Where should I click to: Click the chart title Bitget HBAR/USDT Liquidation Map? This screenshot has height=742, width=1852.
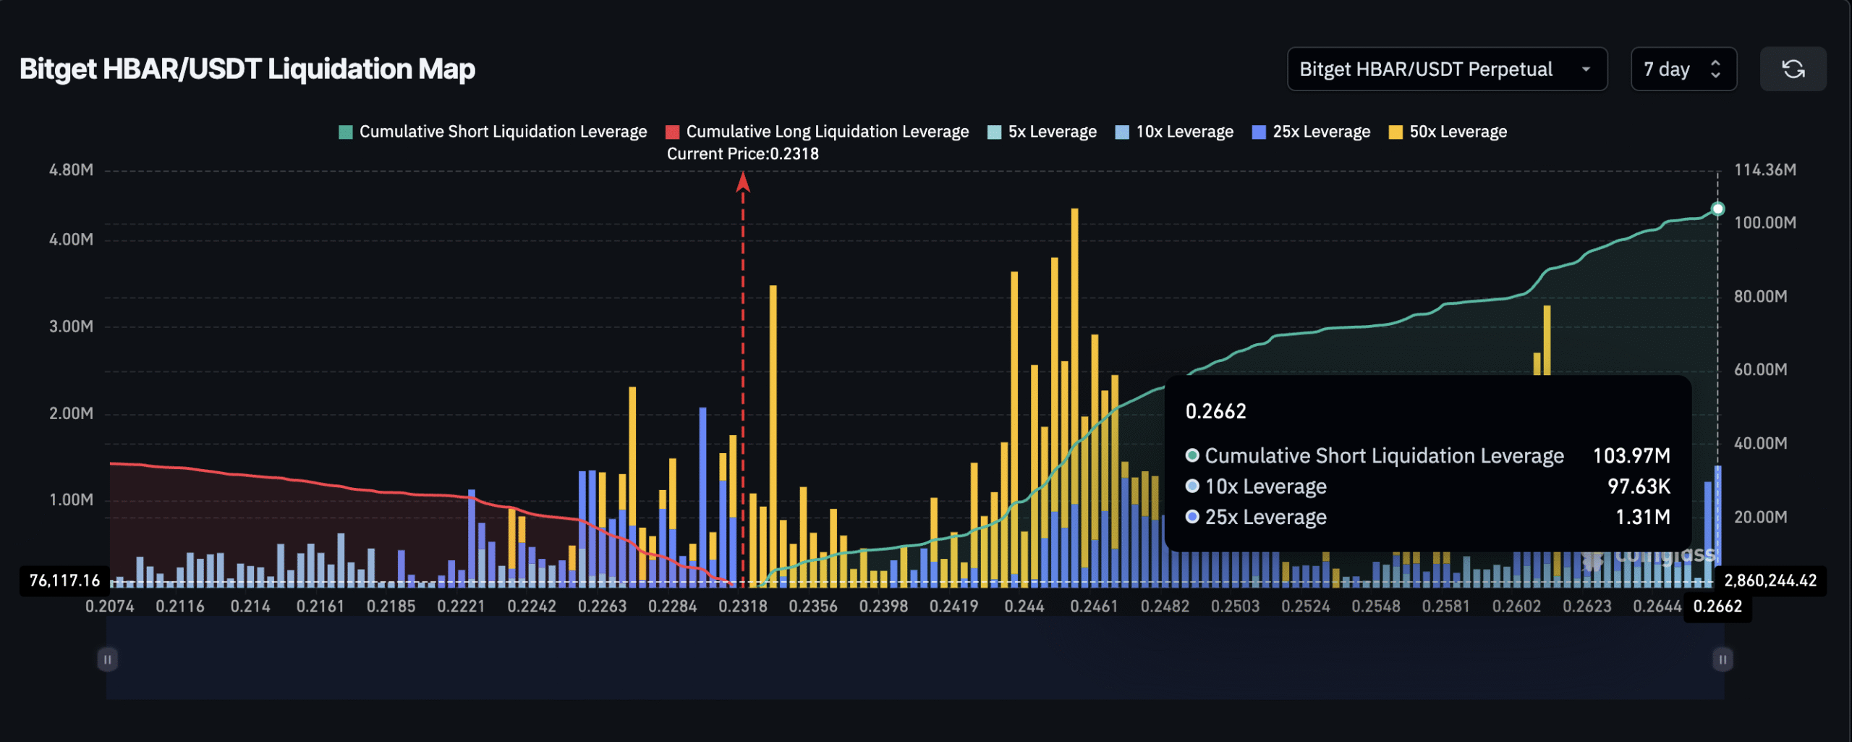click(247, 69)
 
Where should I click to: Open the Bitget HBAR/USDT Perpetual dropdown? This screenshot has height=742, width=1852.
click(1447, 69)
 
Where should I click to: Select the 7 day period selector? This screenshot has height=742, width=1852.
click(1683, 69)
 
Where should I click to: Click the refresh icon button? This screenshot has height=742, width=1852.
click(1793, 69)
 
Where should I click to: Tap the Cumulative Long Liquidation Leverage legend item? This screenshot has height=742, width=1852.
click(817, 132)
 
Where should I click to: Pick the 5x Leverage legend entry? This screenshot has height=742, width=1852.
click(1042, 132)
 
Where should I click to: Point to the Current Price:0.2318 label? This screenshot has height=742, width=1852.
click(742, 154)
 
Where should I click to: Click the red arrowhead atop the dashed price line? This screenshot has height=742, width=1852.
click(743, 182)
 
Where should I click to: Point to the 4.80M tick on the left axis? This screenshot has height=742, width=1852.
click(71, 170)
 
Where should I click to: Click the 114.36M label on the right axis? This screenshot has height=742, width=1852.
click(1764, 170)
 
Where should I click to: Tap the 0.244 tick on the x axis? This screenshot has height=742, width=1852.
click(1024, 607)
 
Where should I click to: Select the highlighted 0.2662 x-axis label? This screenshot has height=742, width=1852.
click(1717, 607)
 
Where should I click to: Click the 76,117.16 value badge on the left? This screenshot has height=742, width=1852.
click(64, 581)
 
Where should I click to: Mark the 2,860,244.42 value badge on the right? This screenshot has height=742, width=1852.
click(1770, 581)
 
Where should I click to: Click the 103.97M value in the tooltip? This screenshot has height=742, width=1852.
click(1631, 456)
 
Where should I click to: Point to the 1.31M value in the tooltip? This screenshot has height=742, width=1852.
click(1642, 518)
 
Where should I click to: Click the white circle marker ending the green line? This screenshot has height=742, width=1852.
click(1717, 209)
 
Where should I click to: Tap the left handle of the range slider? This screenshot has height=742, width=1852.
click(107, 659)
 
